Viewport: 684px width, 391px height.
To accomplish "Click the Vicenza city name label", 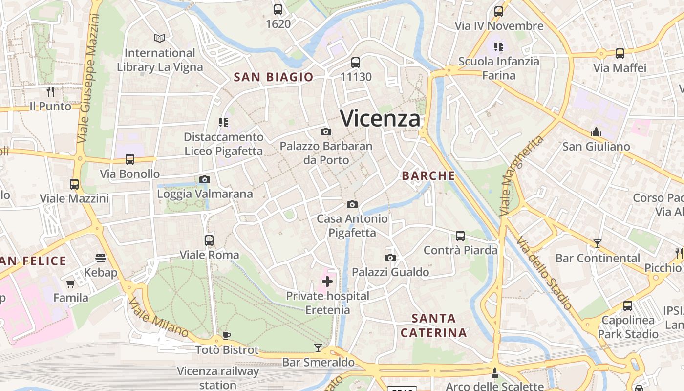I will (380, 118).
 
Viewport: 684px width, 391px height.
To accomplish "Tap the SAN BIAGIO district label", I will (273, 77).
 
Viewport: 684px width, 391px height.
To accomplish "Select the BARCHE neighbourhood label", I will (428, 176).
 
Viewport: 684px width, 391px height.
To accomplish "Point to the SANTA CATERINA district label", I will (433, 326).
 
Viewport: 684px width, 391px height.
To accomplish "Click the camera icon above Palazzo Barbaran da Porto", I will (326, 131).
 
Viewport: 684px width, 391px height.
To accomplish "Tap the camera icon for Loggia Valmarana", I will (205, 179).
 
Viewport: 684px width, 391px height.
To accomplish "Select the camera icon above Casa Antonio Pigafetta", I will (352, 204).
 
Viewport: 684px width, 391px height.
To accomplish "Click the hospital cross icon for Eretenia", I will (327, 282).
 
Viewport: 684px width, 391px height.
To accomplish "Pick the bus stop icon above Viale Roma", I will (209, 240).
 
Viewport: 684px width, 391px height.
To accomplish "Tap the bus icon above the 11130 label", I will (356, 62).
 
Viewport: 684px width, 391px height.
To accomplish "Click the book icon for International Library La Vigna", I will (160, 38).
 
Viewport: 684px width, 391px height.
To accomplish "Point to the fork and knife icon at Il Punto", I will (50, 91).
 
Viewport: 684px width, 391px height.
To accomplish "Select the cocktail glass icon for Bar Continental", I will (597, 243).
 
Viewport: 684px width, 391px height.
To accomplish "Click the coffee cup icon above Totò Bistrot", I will (227, 335).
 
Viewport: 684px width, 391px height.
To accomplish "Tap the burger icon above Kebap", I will (101, 258).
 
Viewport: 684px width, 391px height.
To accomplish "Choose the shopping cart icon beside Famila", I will (71, 283).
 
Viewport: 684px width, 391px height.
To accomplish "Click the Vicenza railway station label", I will (218, 378).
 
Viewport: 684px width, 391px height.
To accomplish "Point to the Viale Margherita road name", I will (522, 176).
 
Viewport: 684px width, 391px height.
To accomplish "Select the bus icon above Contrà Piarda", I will (460, 236).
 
